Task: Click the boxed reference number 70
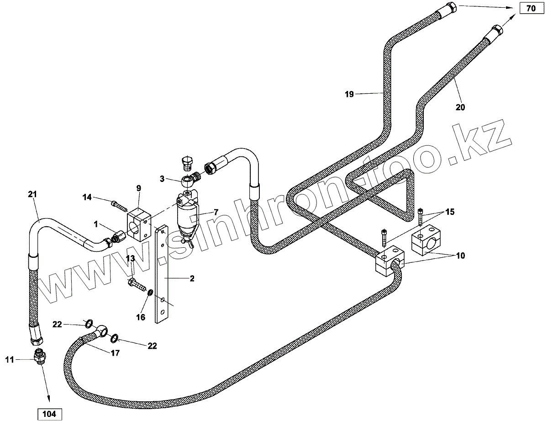pyautogui.click(x=530, y=9)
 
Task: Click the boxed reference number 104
pyautogui.click(x=49, y=414)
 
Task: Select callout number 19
pyautogui.click(x=349, y=95)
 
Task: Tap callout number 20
pyautogui.click(x=460, y=107)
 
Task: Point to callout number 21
pyautogui.click(x=32, y=194)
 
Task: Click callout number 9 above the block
pyautogui.click(x=138, y=188)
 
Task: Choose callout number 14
pyautogui.click(x=87, y=197)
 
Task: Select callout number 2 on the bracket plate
pyautogui.click(x=192, y=278)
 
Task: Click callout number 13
pyautogui.click(x=130, y=259)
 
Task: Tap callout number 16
pyautogui.click(x=141, y=317)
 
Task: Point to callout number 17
pyautogui.click(x=115, y=353)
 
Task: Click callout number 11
pyautogui.click(x=10, y=360)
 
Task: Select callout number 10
pyautogui.click(x=460, y=256)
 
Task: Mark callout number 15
pyautogui.click(x=450, y=212)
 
